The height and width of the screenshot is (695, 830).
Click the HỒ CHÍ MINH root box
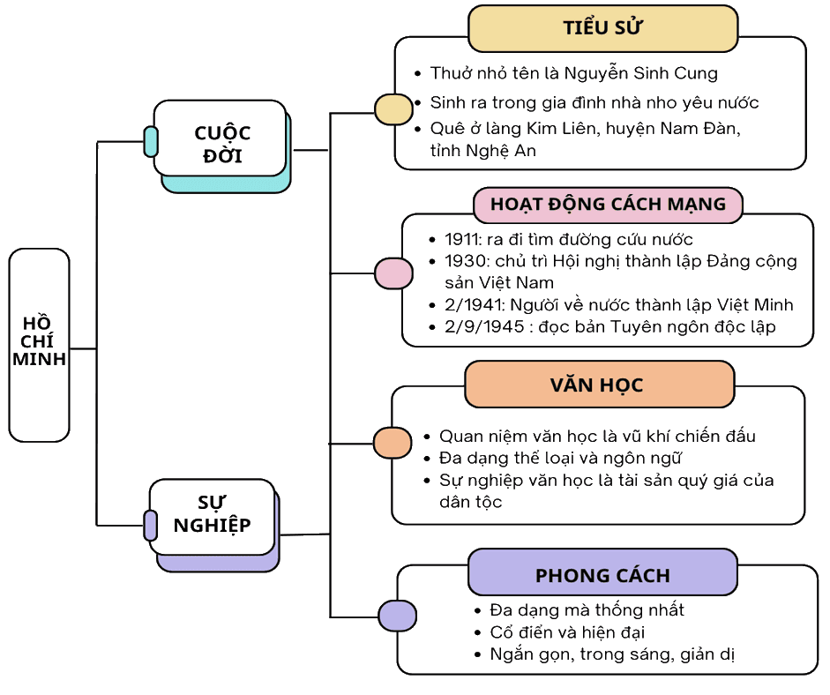tap(39, 345)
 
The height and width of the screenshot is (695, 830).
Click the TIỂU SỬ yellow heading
tap(603, 28)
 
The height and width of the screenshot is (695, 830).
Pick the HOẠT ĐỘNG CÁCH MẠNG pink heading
tap(609, 205)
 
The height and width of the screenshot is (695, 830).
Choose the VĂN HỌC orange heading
tap(600, 385)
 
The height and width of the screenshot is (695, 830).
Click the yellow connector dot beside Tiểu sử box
tap(393, 109)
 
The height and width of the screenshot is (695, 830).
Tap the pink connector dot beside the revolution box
tap(393, 273)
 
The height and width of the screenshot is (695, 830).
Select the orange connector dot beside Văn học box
tap(393, 443)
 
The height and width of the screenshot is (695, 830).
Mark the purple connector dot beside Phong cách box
tap(397, 616)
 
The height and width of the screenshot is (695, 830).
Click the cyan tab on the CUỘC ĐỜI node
tap(151, 142)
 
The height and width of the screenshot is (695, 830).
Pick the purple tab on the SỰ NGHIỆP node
tap(150, 526)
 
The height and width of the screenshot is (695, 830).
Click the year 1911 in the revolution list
tap(461, 239)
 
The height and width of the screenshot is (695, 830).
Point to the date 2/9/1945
tap(484, 326)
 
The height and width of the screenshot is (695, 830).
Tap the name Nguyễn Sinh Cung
tap(640, 73)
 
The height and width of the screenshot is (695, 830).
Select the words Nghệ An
tap(501, 151)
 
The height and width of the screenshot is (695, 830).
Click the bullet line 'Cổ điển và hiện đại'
tap(567, 632)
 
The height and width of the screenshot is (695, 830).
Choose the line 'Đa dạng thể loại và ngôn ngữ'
tap(560, 458)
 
